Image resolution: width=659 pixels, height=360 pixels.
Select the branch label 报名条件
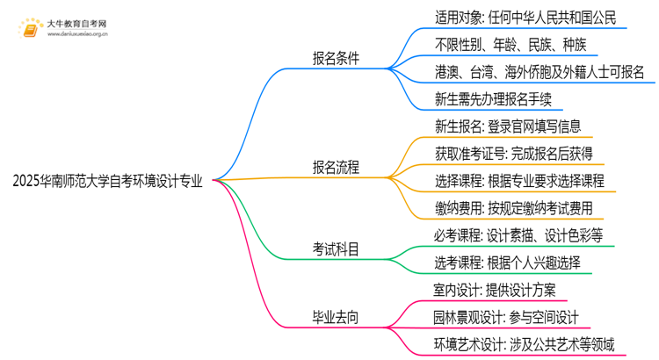[x=336, y=60]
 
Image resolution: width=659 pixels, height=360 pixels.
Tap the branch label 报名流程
[x=336, y=166]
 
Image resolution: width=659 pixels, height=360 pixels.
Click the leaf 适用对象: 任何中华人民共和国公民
[x=525, y=18]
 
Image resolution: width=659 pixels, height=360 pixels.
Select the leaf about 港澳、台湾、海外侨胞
[x=540, y=73]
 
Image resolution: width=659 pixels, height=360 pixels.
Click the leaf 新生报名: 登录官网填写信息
[x=508, y=127]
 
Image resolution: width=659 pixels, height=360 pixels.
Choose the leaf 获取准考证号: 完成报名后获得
[x=513, y=155]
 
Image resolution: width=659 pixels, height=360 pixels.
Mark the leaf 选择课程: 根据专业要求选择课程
[x=519, y=182]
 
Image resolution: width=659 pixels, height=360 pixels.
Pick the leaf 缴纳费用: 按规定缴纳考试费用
[x=513, y=209]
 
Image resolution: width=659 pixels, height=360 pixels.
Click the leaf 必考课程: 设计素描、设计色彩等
[x=518, y=236]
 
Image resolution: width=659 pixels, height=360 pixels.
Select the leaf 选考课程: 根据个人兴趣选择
[x=507, y=263]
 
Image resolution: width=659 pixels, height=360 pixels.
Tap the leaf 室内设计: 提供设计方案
[x=495, y=291]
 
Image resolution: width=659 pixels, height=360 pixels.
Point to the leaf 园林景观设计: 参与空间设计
[x=507, y=317]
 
